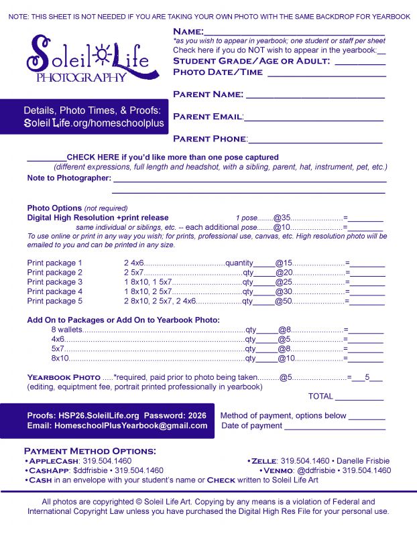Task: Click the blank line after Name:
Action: (x=294, y=33)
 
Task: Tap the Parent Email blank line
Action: (x=313, y=120)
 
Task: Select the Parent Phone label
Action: (x=209, y=139)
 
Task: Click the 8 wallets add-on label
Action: (x=66, y=330)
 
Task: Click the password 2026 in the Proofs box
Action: (x=198, y=415)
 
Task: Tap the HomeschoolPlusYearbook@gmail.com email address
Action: (x=131, y=426)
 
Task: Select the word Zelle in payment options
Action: (x=263, y=461)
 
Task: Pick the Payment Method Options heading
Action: (x=90, y=451)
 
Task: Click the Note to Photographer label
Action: (x=68, y=178)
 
